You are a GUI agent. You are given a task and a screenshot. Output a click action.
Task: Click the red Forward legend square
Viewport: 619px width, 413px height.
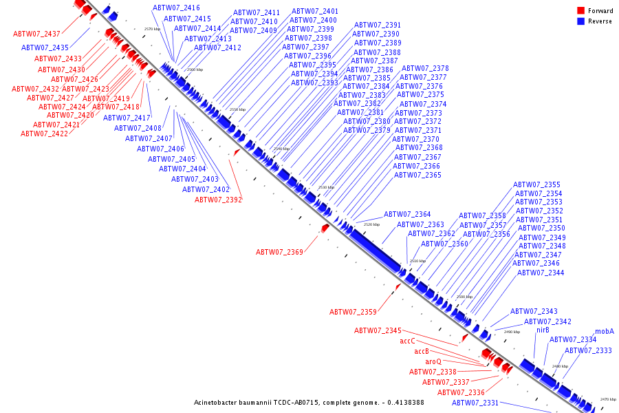[581, 11]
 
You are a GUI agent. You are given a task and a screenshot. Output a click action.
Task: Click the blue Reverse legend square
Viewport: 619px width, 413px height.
[581, 21]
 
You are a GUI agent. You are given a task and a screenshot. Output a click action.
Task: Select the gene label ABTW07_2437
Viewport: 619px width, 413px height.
[36, 34]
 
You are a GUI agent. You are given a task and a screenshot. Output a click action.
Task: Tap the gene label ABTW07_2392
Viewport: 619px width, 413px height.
[218, 200]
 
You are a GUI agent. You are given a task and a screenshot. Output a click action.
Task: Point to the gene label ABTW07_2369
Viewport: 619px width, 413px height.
[279, 252]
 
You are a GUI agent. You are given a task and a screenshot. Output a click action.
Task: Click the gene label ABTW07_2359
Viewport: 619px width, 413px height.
[353, 312]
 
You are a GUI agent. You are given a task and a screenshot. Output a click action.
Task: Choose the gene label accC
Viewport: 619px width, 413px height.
[407, 341]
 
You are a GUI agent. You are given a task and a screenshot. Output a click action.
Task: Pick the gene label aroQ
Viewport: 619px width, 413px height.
[433, 361]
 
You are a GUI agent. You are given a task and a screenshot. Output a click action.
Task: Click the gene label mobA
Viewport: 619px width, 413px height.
[604, 331]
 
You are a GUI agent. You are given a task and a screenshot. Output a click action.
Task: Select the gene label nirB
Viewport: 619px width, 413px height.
[543, 330]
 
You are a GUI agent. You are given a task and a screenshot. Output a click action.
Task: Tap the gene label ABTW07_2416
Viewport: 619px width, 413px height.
[176, 8]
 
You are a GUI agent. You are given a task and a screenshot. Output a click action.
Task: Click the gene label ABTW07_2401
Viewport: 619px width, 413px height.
[315, 12]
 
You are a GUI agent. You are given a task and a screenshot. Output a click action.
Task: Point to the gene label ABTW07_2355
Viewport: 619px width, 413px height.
[536, 184]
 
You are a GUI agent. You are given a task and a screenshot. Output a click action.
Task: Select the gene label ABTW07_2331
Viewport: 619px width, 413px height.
[475, 403]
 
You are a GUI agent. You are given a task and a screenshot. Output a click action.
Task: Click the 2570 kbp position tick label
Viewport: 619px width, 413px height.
[152, 29]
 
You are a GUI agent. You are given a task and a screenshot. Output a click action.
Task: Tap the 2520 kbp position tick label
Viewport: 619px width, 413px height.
[371, 224]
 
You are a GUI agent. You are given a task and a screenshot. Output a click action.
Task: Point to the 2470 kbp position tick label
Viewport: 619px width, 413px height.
[608, 399]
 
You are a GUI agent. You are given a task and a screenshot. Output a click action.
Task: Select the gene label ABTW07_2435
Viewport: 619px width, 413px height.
[45, 47]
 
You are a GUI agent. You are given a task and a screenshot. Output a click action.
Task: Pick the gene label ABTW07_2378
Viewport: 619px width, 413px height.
[424, 69]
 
